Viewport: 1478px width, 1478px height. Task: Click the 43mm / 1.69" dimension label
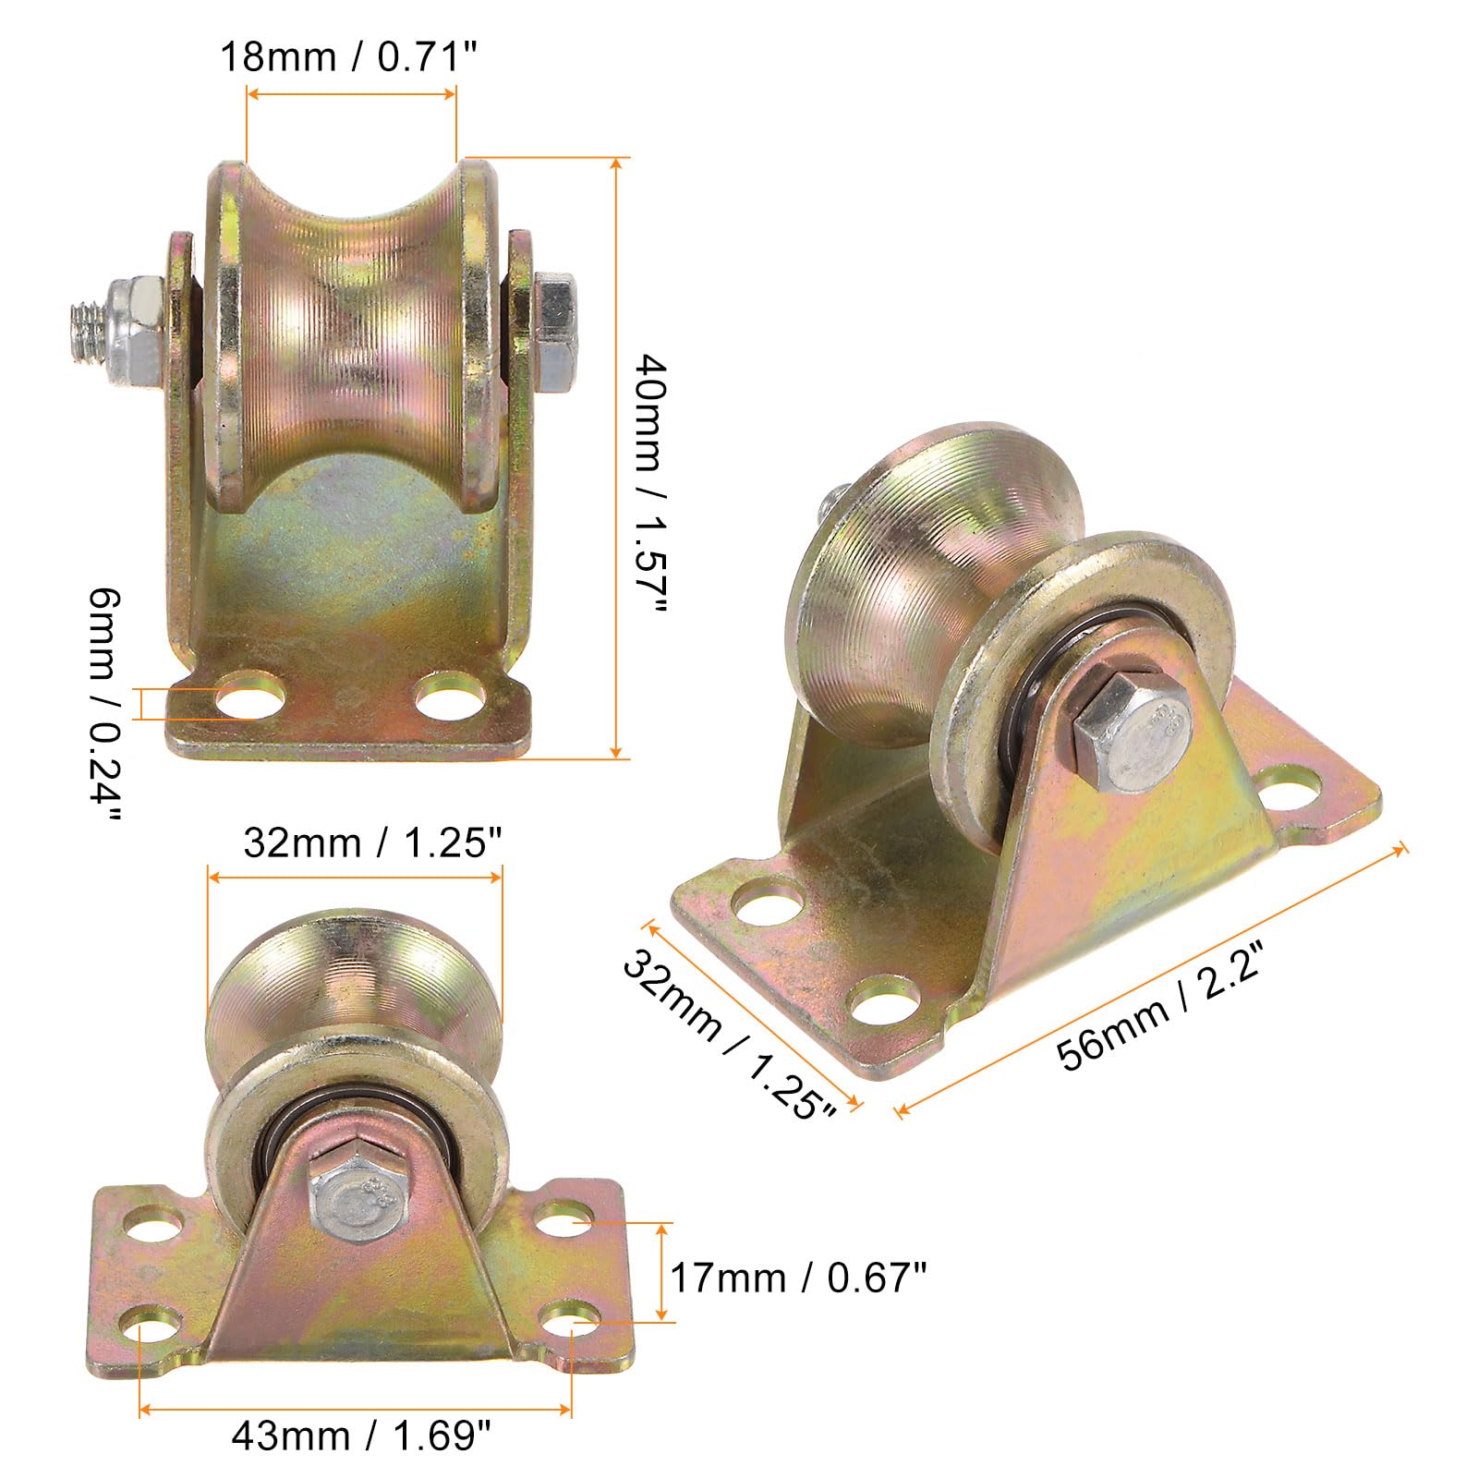pyautogui.click(x=360, y=1436)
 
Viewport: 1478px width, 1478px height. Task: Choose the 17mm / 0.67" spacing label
pyautogui.click(x=797, y=1278)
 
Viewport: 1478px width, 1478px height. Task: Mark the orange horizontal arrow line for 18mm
pyautogui.click(x=351, y=93)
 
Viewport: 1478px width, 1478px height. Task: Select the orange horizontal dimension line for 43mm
pyautogui.click(x=356, y=1409)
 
